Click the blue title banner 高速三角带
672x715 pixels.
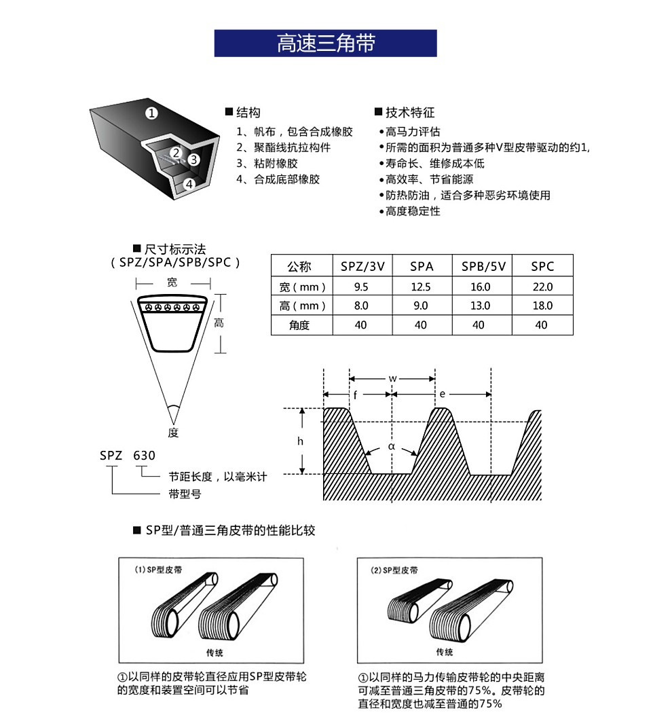coord(325,43)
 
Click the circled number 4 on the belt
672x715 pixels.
coord(189,183)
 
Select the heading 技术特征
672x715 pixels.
coord(409,113)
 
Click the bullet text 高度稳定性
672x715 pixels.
coord(413,211)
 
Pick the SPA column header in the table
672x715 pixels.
coord(422,267)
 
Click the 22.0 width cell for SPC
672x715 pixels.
coord(542,287)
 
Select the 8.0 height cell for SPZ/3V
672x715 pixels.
coord(361,306)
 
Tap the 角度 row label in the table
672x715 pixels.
coord(299,325)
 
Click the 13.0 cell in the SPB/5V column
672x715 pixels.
coord(481,306)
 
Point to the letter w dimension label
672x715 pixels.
coord(392,378)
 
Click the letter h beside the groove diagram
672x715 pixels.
coord(300,441)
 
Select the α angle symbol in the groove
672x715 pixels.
coord(391,447)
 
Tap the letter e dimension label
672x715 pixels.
coord(442,394)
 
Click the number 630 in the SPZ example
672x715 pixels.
coord(144,456)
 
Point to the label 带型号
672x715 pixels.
coord(185,494)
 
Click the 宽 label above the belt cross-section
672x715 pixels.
coord(172,282)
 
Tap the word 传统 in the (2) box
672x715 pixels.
coord(445,652)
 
